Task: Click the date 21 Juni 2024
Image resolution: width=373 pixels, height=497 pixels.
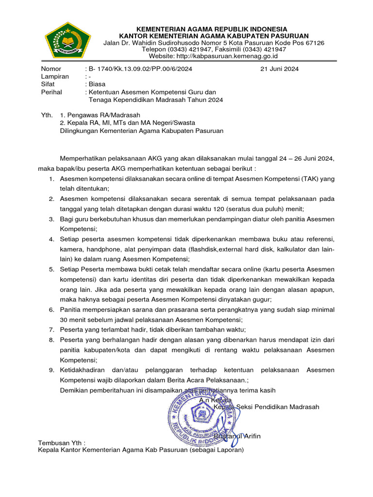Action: click(x=279, y=69)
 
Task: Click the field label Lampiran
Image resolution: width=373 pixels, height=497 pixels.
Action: click(x=55, y=77)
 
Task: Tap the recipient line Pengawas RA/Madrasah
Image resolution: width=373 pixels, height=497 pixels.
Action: click(x=104, y=115)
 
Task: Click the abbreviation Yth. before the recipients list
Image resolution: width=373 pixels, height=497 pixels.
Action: click(x=47, y=115)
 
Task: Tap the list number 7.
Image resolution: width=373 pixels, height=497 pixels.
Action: click(x=51, y=330)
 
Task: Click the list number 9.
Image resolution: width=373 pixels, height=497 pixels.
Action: click(x=51, y=370)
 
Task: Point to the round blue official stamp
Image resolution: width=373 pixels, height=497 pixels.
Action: click(x=204, y=415)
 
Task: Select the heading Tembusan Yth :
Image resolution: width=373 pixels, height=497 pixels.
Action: click(x=62, y=443)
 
